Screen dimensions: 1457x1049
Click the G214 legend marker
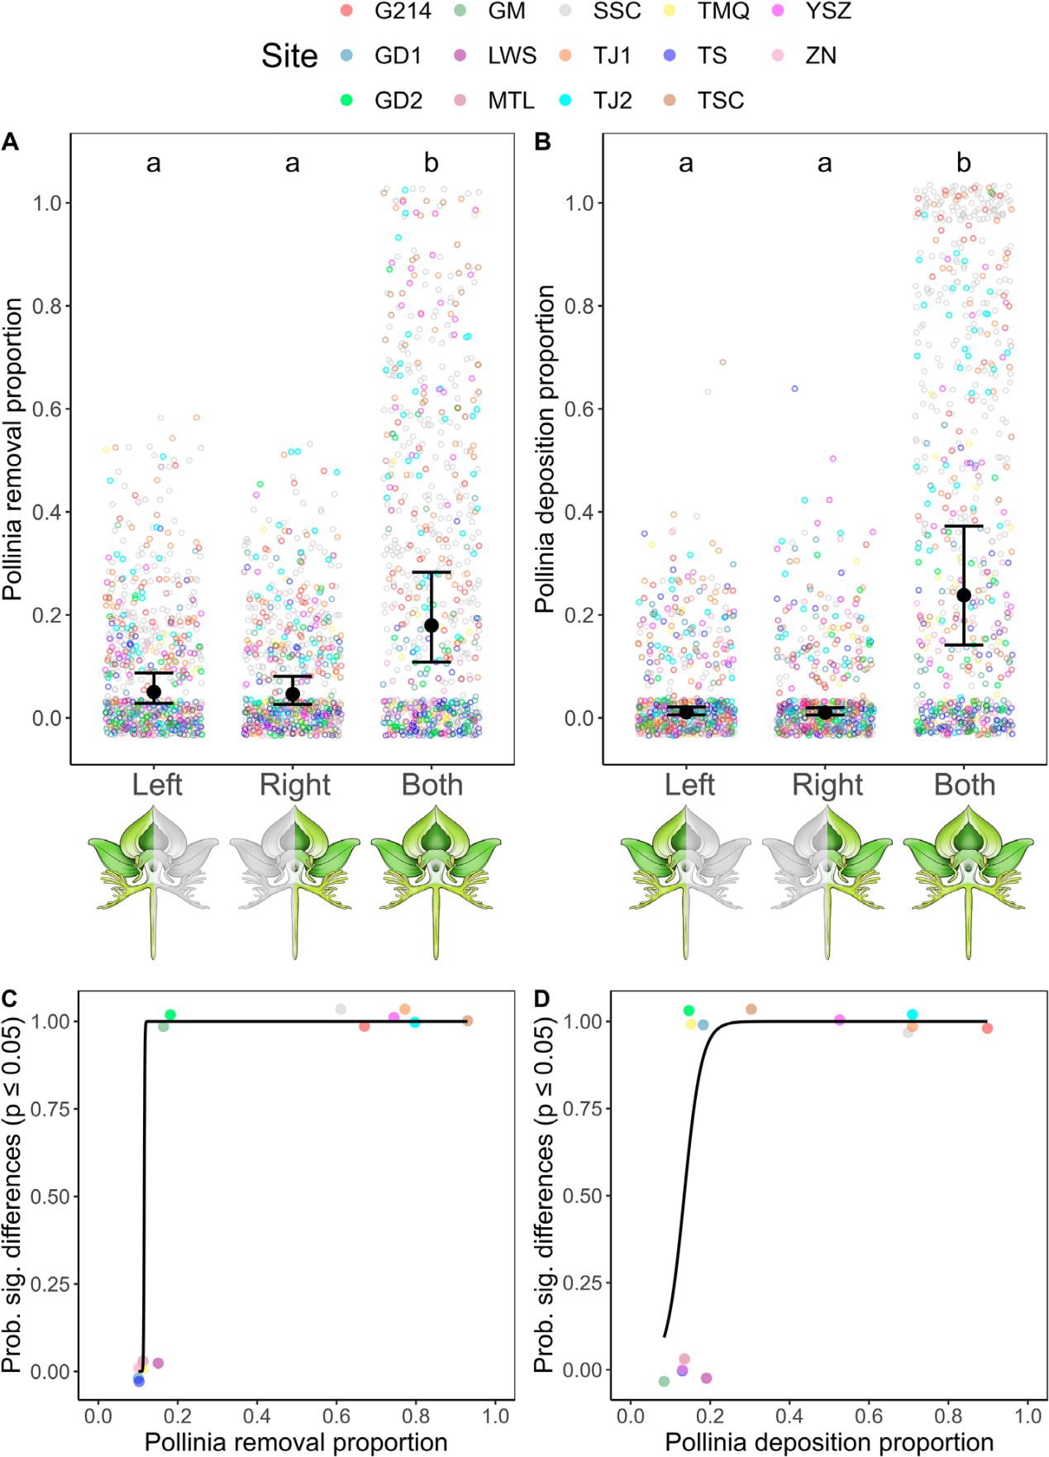click(347, 11)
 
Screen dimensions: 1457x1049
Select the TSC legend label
click(720, 100)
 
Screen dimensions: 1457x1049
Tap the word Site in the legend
click(289, 56)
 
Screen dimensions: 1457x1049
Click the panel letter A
click(10, 142)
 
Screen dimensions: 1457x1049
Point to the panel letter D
click(542, 999)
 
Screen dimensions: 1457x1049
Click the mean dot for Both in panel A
click(432, 625)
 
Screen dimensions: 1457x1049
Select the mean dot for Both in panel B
click(964, 595)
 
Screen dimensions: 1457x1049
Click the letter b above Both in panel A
click(432, 163)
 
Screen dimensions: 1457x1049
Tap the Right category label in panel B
click(827, 785)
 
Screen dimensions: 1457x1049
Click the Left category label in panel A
click(157, 785)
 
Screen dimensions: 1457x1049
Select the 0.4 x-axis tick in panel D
click(789, 1416)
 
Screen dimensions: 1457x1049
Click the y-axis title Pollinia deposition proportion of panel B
click(545, 450)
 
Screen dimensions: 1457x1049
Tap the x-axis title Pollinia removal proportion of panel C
click(296, 1442)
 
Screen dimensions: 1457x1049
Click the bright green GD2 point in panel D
click(689, 1010)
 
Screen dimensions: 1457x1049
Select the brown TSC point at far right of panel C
click(468, 1020)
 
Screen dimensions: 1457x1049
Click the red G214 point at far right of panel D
click(987, 1028)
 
